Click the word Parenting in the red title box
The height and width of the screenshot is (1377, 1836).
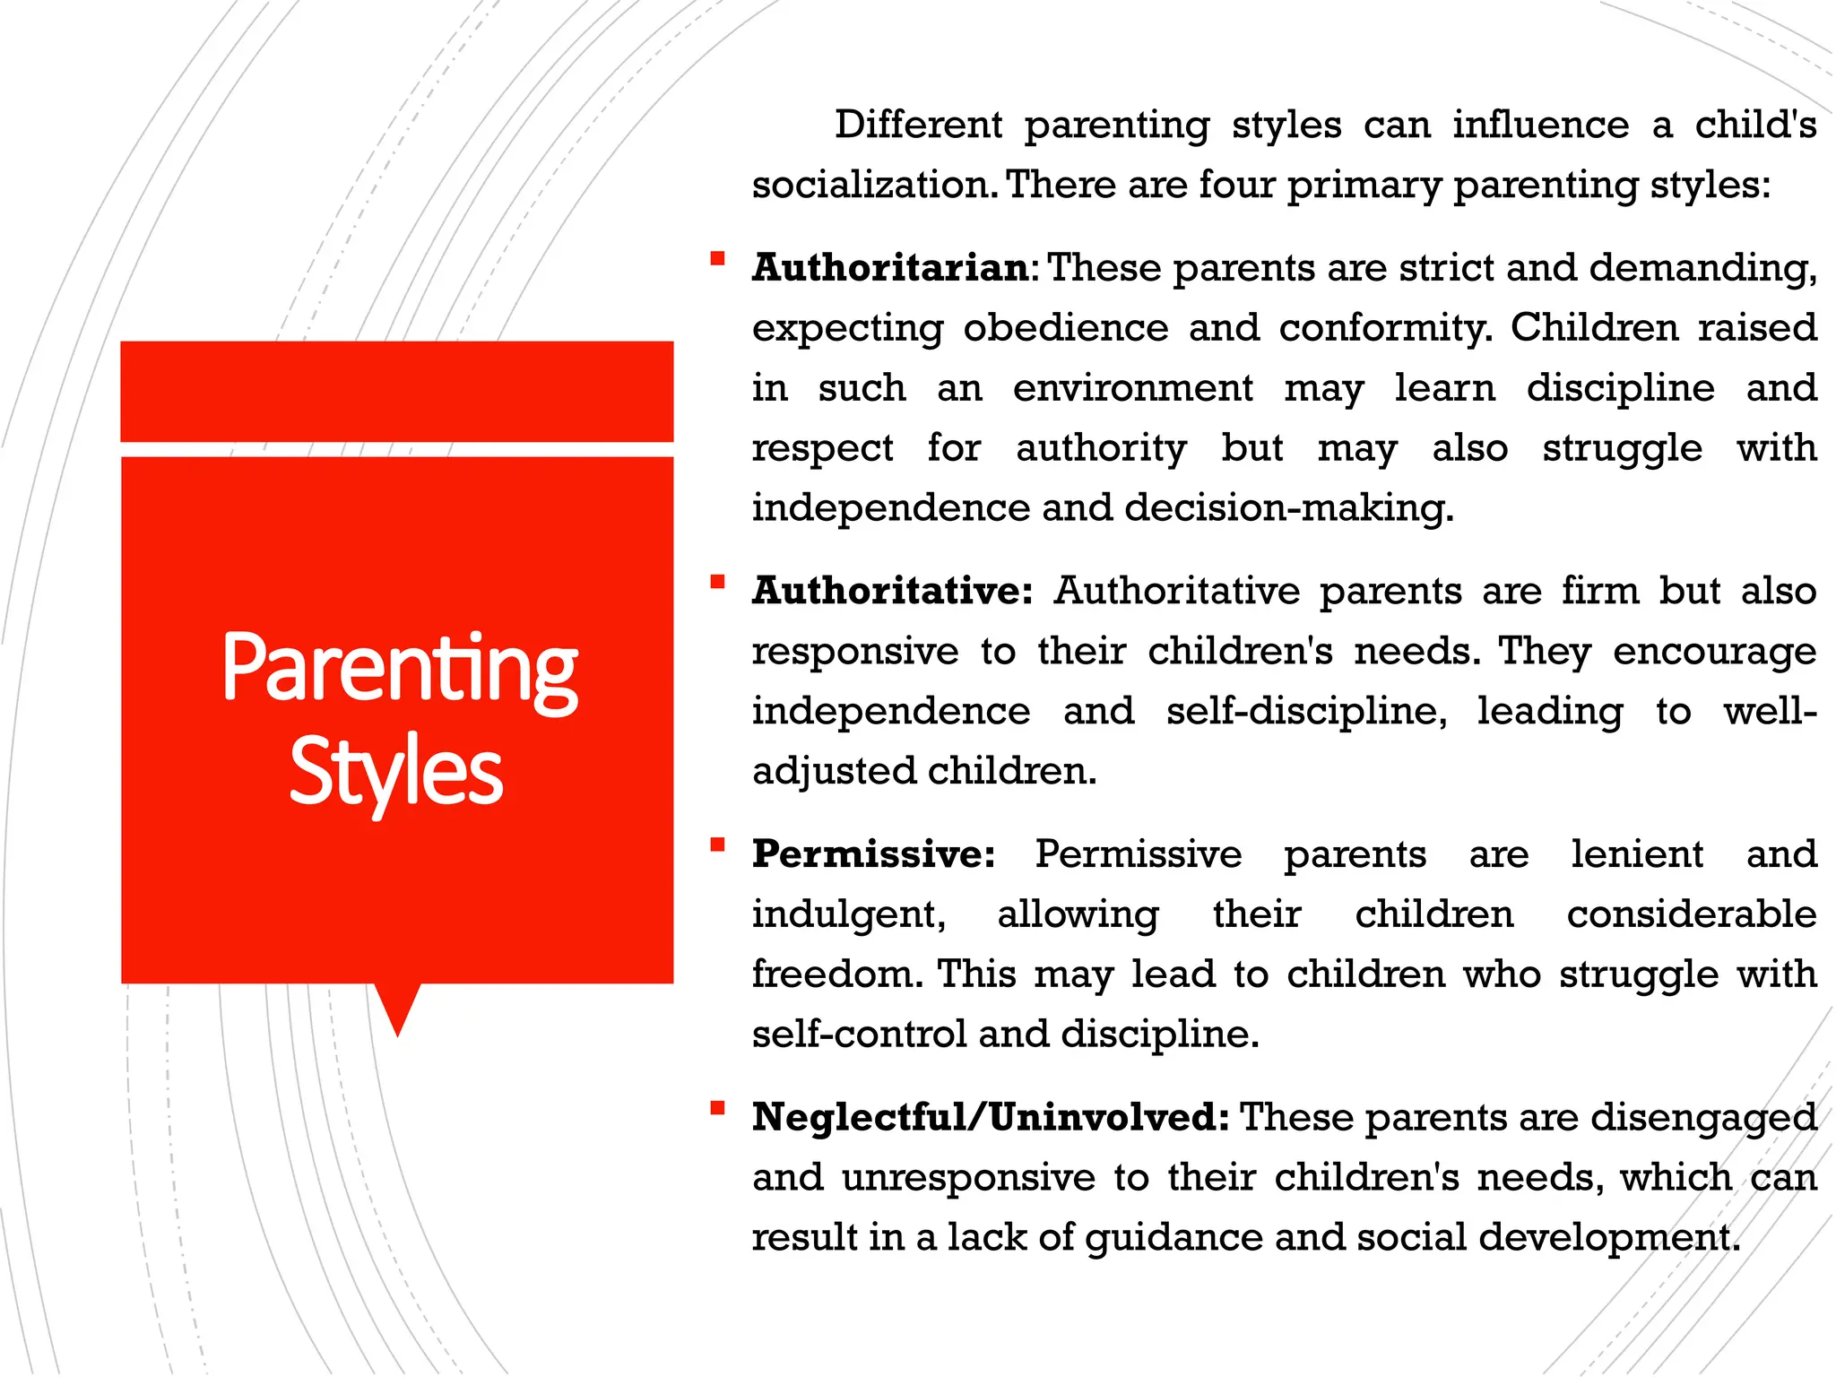click(399, 669)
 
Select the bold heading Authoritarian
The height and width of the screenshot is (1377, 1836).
click(890, 268)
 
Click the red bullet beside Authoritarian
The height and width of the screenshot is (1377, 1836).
click(717, 260)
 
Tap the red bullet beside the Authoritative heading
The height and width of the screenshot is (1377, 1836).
click(717, 583)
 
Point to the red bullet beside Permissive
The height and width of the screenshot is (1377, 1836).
click(717, 845)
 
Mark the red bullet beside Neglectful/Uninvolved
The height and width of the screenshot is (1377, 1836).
click(717, 1109)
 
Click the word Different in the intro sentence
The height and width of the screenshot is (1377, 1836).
click(918, 125)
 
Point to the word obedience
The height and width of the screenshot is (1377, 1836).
click(1065, 328)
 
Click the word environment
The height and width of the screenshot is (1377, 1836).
click(1132, 388)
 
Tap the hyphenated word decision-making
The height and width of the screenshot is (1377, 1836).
click(1288, 508)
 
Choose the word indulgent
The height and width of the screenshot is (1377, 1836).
click(848, 914)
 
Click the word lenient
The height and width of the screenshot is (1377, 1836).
click(1636, 854)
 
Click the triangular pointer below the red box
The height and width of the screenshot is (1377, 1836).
click(397, 1007)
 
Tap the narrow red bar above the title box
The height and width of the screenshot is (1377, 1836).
click(396, 391)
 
